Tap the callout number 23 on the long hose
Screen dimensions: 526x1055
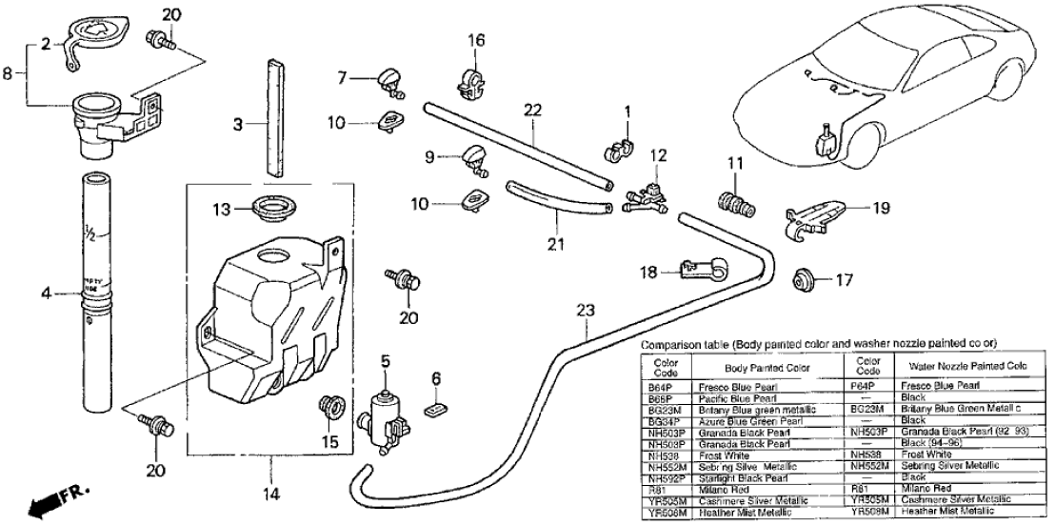tap(584, 310)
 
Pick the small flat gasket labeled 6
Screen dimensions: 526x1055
tap(435, 409)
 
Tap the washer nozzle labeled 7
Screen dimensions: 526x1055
tap(390, 78)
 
